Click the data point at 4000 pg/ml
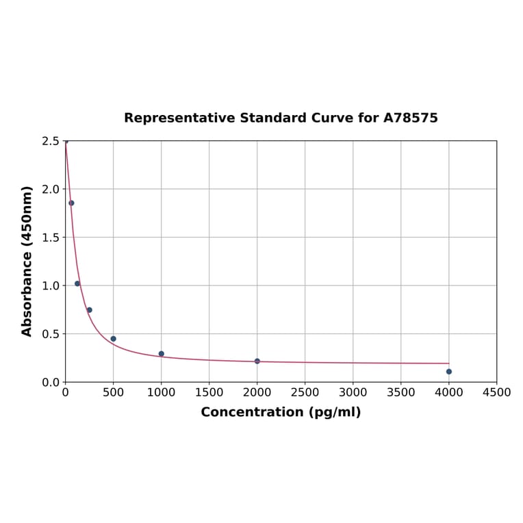click(449, 372)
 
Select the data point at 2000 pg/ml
click(257, 361)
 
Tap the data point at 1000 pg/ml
click(162, 354)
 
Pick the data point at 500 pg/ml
click(114, 339)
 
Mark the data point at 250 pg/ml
click(90, 310)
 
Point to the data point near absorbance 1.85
click(71, 203)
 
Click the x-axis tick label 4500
click(496, 392)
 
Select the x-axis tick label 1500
click(209, 392)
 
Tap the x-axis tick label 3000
click(353, 392)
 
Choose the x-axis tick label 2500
click(305, 392)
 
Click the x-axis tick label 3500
click(401, 392)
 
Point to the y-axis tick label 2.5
click(51, 141)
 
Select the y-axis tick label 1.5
click(51, 238)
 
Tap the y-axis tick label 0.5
click(51, 334)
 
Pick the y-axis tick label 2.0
click(51, 189)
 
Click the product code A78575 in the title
click(410, 118)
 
